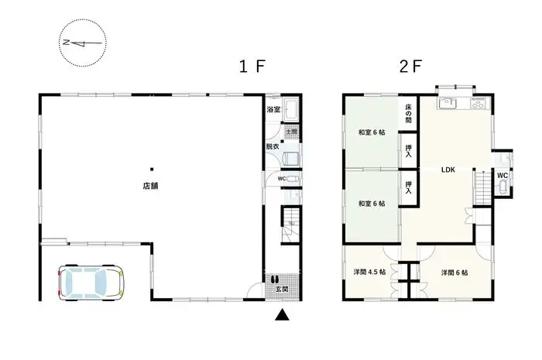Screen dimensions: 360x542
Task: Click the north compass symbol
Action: [x=84, y=42]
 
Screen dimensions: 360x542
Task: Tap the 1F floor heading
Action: [x=253, y=66]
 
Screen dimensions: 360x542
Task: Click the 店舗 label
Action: [x=151, y=186]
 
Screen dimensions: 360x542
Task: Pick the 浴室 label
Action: [x=273, y=110]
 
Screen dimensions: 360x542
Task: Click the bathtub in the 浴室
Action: [x=293, y=110]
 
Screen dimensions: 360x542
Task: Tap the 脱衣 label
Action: [x=273, y=146]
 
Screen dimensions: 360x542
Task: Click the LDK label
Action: [x=448, y=170]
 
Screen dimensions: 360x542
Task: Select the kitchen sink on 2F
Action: [x=448, y=105]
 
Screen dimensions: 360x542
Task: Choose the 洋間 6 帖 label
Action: [x=454, y=273]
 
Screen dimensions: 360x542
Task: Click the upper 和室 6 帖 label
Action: [x=371, y=133]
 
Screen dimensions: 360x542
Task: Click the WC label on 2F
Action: [x=502, y=175]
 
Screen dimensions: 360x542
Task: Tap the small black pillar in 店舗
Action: [x=152, y=169]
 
